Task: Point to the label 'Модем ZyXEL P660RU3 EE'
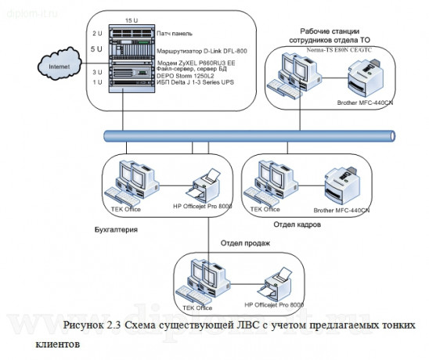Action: coord(197,63)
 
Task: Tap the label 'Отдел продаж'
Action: coord(245,243)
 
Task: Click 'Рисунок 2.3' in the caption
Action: coord(92,325)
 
